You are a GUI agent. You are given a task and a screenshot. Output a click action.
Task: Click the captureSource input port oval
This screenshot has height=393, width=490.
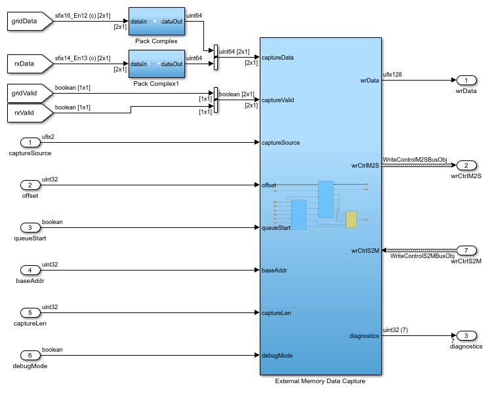[x=30, y=142]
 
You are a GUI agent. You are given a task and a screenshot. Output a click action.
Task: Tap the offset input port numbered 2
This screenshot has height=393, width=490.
[x=30, y=185]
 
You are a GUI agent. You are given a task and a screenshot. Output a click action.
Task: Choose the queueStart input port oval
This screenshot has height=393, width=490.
[x=30, y=227]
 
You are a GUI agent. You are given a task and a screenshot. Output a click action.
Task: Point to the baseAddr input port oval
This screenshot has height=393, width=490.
[x=30, y=270]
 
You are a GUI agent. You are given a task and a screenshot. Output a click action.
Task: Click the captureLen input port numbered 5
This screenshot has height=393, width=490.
[x=30, y=312]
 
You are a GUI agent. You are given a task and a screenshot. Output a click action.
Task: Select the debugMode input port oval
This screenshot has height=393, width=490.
[x=30, y=355]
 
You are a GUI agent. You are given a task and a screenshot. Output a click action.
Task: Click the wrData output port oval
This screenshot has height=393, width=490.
[x=466, y=80]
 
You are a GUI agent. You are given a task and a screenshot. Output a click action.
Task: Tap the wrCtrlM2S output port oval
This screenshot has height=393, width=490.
[x=466, y=165]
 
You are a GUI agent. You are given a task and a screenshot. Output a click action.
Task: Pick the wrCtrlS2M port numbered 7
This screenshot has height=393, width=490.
[x=466, y=250]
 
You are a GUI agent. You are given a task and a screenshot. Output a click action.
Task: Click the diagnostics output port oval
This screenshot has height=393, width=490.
[x=466, y=335]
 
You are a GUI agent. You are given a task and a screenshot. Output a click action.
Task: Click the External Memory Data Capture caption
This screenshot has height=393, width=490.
[x=320, y=381]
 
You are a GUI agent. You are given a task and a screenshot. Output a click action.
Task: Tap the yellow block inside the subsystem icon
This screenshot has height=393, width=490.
[x=351, y=219]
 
